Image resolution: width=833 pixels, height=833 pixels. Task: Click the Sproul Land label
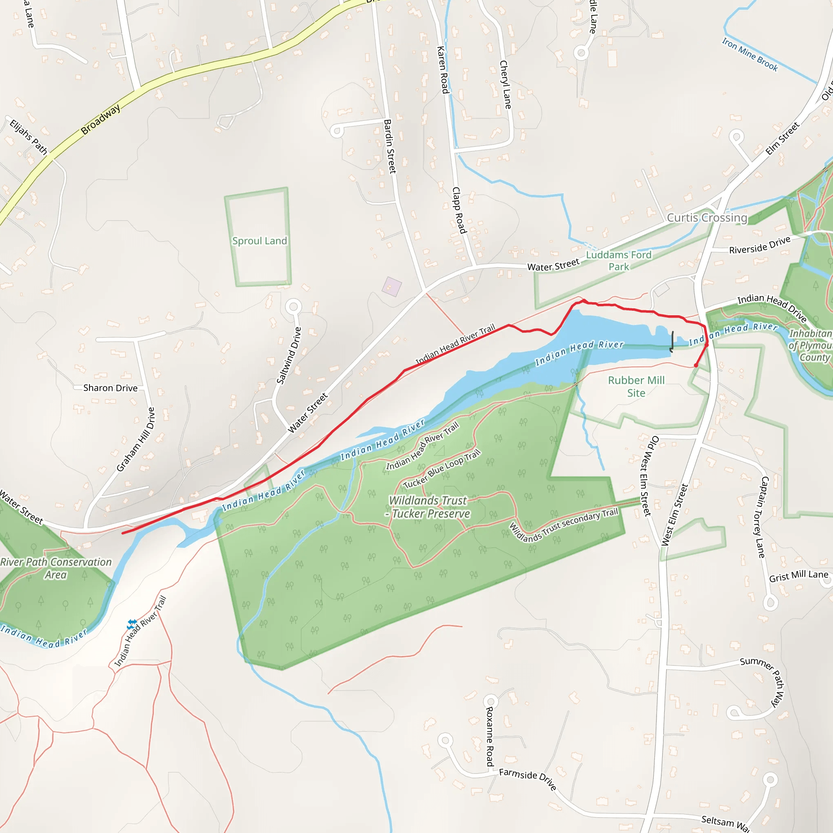point(259,241)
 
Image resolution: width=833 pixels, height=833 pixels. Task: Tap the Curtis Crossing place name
point(707,218)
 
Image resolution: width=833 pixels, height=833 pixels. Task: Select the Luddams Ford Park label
point(618,261)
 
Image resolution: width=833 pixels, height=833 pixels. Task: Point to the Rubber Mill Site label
point(636,386)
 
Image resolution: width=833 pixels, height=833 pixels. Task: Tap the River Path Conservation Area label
point(56,568)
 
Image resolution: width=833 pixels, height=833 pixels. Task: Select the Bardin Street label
point(390,146)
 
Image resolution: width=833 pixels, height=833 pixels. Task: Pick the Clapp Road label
point(459,210)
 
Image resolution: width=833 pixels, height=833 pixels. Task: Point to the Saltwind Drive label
point(289,356)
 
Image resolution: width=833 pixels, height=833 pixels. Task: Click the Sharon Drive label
point(110,388)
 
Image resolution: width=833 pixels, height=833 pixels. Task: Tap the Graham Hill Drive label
point(135,439)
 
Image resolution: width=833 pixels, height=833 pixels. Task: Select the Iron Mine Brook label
point(750,55)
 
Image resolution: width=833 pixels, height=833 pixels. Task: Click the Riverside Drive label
point(760,245)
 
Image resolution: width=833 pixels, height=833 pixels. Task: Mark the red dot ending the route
point(696,365)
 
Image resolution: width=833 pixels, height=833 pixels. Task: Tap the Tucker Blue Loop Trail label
point(442,469)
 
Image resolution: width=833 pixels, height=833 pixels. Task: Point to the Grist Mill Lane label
point(798,576)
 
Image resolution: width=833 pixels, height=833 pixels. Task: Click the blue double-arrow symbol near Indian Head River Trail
point(132,624)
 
